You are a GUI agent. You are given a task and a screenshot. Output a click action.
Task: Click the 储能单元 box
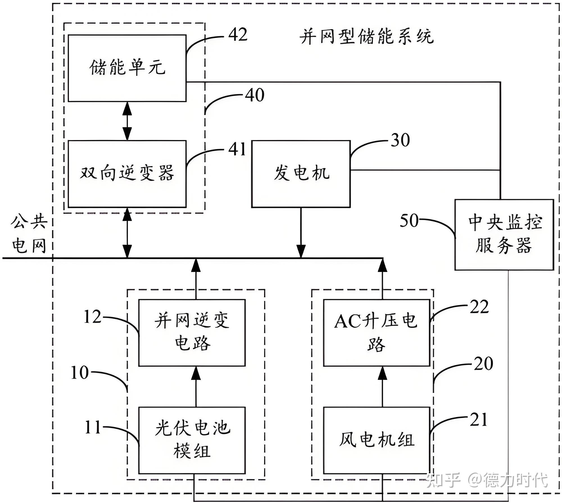coord(127,68)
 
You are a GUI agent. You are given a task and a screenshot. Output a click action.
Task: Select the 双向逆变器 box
coord(127,174)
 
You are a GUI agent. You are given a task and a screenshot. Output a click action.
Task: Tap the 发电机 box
coord(301,174)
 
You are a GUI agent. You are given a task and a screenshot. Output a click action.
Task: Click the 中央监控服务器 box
coord(504,235)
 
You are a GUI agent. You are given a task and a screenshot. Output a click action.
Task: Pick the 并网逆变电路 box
coord(192,333)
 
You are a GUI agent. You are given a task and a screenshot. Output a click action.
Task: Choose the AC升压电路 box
coord(377,333)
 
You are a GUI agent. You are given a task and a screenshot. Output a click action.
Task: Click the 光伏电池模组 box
coord(192,440)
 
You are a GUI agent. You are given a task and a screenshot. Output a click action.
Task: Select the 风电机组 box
coord(377,440)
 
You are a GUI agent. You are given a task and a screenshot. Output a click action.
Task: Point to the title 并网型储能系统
coord(366,36)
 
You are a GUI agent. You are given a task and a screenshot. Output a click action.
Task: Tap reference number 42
coord(238,35)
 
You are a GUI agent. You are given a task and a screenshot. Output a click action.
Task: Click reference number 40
coord(255,95)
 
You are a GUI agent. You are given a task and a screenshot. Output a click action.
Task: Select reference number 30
coord(400,140)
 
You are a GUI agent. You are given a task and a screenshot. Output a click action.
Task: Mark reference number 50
coord(409,221)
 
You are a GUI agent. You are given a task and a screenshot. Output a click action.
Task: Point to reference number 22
coord(479,307)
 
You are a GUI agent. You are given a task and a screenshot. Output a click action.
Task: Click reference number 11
coord(93,427)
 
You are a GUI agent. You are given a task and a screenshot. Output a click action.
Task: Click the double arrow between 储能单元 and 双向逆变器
coord(127,121)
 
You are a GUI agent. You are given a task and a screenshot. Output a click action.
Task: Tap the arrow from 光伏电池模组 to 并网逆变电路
coord(196,387)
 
